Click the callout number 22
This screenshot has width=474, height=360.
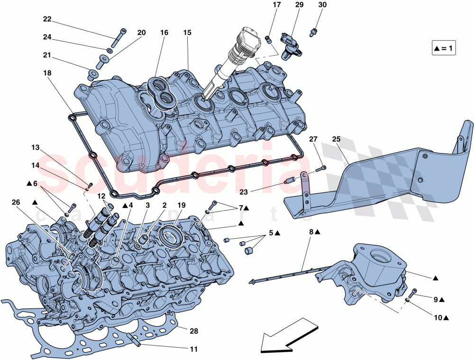tap(47, 19)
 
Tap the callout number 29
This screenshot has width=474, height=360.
tap(299, 5)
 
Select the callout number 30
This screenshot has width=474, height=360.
tap(322, 5)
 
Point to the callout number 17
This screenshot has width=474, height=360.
tap(277, 5)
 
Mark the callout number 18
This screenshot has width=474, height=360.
tap(47, 73)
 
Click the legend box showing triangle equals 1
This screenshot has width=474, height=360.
tap(444, 48)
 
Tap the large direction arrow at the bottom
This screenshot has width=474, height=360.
tap(287, 336)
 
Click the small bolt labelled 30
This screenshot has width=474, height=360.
tap(313, 32)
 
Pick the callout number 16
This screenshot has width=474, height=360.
tap(164, 33)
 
